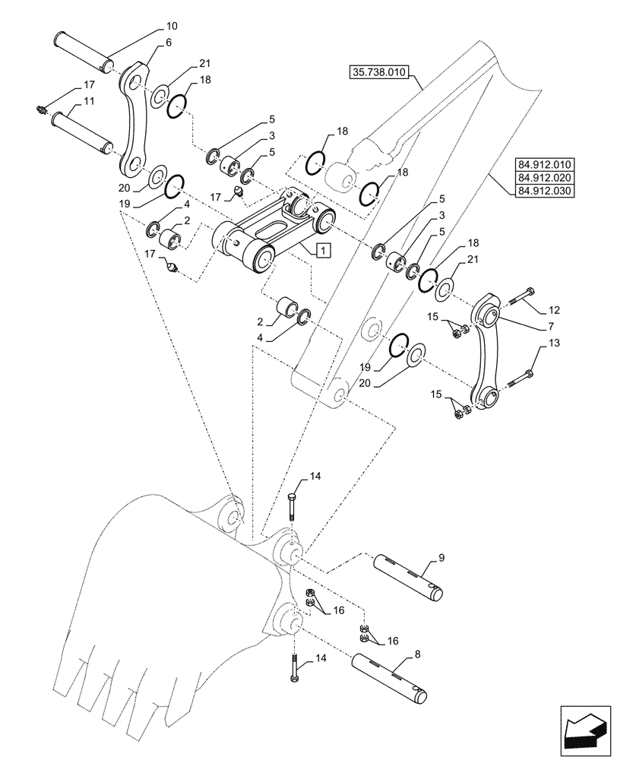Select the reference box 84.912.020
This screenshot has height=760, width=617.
[x=546, y=177]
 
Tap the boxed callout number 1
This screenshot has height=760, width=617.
[x=322, y=249]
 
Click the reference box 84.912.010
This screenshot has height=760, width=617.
[x=546, y=164]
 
